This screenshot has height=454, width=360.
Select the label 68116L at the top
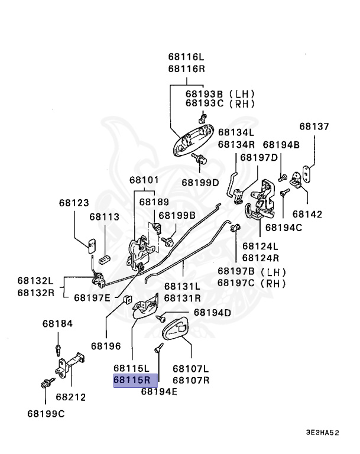tap(186, 57)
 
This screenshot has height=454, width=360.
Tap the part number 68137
tap(314, 127)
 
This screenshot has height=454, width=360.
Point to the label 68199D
tap(200, 183)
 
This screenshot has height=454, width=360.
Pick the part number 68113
tap(105, 217)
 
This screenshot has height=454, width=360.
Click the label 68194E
tap(158, 391)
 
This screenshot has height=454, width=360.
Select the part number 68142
tap(307, 214)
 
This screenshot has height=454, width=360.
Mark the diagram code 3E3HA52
tap(322, 433)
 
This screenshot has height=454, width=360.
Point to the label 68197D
tap(258, 158)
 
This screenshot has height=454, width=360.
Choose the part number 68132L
tap(34, 280)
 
